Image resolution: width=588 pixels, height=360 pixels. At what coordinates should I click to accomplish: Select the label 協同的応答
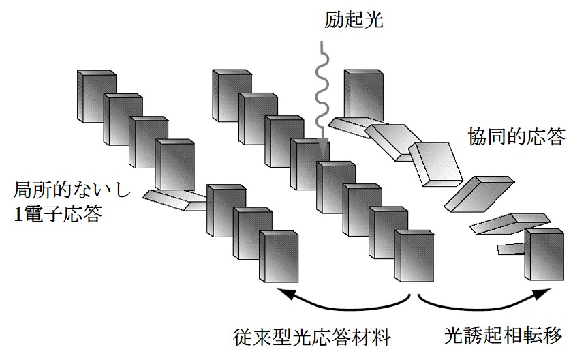point(516,137)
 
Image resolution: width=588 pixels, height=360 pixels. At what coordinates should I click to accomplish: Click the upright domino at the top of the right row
point(365,93)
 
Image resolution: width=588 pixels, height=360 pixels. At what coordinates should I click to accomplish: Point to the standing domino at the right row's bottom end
point(545,255)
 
